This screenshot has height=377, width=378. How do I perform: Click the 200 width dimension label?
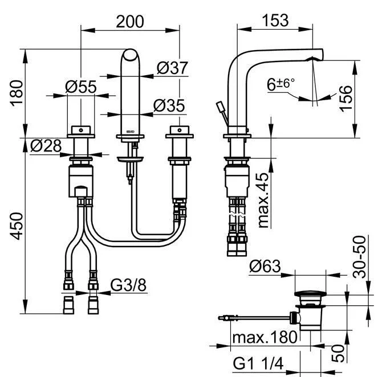point(130,21)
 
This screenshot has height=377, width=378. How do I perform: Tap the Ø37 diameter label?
point(172,68)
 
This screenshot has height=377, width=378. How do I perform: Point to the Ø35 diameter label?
point(169,106)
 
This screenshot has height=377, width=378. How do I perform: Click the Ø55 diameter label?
point(80,87)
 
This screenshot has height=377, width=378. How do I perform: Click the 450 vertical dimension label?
point(18,226)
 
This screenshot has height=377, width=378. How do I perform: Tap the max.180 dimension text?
point(264,337)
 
